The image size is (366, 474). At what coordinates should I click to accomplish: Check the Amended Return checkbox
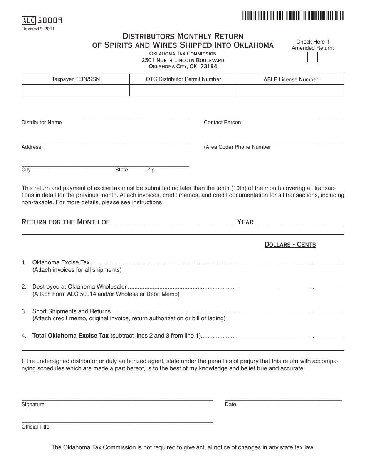313,57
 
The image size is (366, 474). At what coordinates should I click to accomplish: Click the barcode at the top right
293,16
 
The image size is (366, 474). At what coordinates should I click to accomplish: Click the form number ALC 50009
42,21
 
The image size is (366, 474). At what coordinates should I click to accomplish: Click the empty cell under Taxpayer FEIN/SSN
76,91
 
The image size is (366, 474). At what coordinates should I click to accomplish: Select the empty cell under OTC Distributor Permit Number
183,91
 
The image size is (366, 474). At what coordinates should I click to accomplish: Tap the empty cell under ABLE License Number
290,91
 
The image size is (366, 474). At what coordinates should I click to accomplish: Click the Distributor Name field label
42,123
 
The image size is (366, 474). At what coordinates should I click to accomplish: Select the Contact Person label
222,123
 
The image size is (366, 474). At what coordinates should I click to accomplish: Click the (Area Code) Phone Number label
237,147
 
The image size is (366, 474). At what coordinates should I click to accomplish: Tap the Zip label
151,170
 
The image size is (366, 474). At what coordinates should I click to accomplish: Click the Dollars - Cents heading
290,245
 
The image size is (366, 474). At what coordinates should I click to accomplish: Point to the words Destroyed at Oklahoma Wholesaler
79,287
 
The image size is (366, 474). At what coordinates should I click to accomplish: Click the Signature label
33,405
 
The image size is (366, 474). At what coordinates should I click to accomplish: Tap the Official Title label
35,427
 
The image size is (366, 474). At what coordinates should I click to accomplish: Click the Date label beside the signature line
230,405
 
